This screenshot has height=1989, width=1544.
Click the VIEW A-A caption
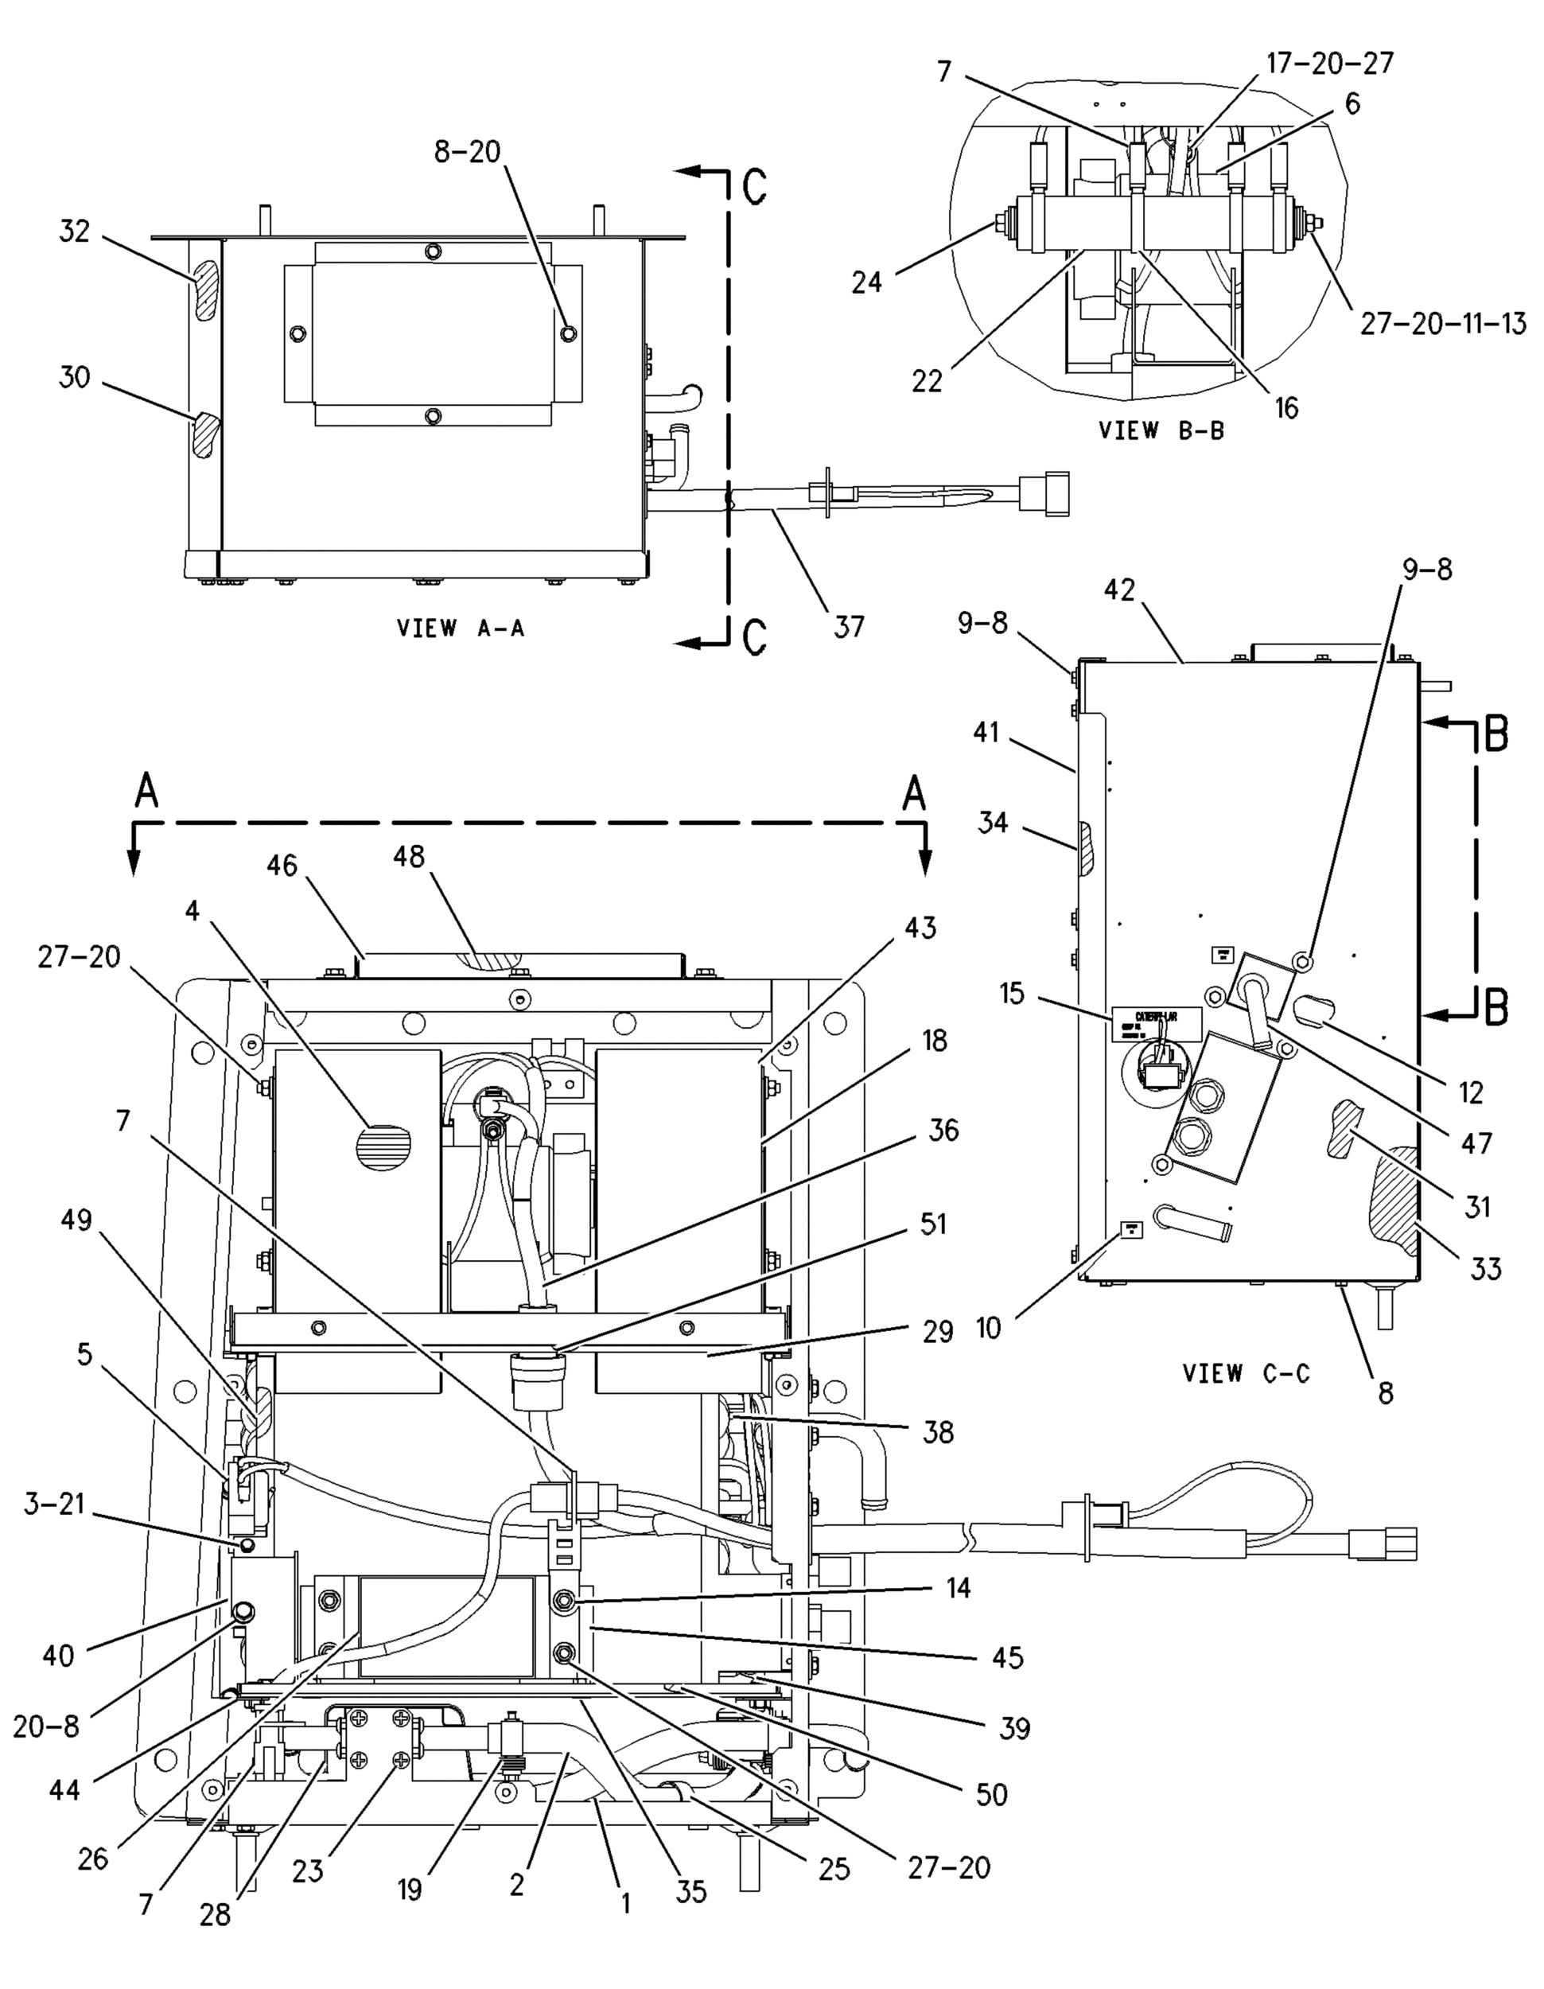[461, 628]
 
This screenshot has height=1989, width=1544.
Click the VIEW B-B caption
[1161, 430]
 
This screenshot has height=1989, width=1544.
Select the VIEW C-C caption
[1246, 1372]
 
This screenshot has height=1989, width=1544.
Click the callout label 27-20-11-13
[1443, 323]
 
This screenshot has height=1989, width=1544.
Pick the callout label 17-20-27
[1329, 62]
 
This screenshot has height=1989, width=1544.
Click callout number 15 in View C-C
[1011, 993]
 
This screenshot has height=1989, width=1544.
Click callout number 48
[409, 856]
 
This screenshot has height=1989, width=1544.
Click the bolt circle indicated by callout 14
[563, 1600]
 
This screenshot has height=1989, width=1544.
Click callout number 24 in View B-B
[867, 282]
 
